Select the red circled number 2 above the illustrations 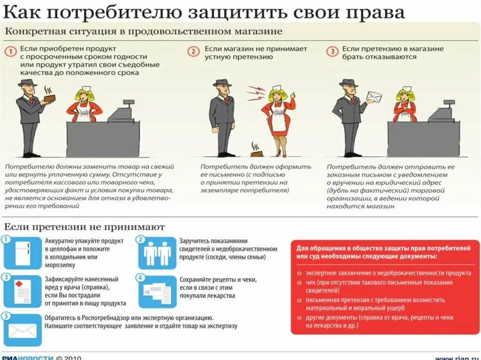click(x=194, y=51)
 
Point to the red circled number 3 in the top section click(x=332, y=51)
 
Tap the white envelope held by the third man click(x=374, y=97)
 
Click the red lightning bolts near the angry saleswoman click(x=256, y=92)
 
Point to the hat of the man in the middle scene click(x=222, y=83)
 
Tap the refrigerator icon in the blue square click(x=23, y=253)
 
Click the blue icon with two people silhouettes click(x=157, y=253)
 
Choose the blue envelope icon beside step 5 click(x=22, y=330)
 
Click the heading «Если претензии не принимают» click(x=85, y=227)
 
